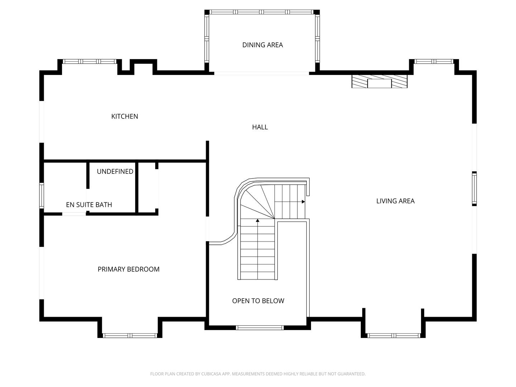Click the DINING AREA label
pos(262,45)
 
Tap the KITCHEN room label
pos(124,116)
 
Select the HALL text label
pos(260,127)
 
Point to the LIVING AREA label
pos(395,201)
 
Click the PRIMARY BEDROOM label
pos(128,269)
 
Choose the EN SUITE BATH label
pos(89,205)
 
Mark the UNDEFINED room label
pos(115,171)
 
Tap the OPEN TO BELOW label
pos(258,301)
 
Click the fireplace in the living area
pos(379,82)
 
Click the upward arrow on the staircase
pos(257,221)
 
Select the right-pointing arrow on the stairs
pos(303,202)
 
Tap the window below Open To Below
pos(259,328)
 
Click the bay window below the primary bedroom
pos(130,336)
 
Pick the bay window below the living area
pos(393,336)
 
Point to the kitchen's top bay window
pos(90,61)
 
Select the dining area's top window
pos(262,12)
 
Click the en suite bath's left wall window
pos(42,195)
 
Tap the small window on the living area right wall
pos(474,188)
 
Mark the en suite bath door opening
pos(74,214)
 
